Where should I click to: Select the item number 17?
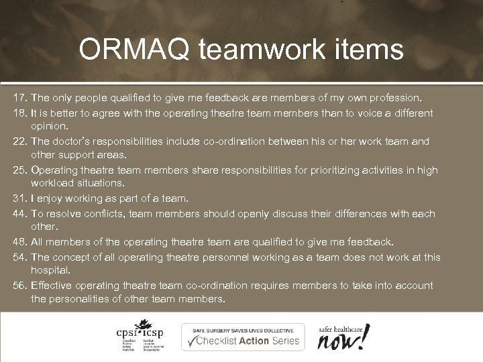pos(19,99)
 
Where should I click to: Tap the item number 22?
pos(19,141)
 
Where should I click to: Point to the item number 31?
pos(19,198)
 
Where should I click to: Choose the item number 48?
pos(19,241)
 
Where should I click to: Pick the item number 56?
pos(19,286)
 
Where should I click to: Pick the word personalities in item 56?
pos(83,299)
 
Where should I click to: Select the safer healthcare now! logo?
pos(343,337)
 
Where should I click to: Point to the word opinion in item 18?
pos(50,126)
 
